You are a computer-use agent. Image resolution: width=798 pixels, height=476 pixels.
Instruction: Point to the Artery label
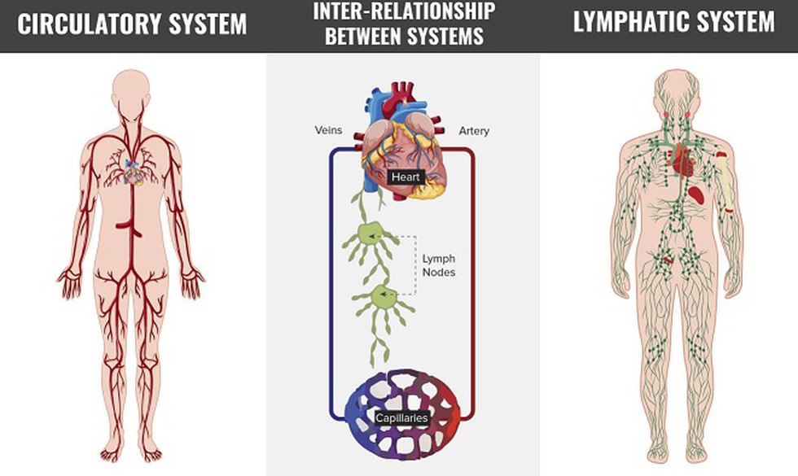point(474,130)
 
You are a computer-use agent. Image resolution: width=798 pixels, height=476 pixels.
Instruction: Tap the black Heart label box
point(405,176)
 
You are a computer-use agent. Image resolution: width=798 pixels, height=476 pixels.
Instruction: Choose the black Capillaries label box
point(401,418)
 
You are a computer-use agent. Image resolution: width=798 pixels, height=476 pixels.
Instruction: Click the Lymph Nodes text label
point(438,265)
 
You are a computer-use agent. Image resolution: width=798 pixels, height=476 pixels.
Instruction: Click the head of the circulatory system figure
point(130,88)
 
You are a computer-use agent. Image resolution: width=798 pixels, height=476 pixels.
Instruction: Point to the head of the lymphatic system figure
point(676,88)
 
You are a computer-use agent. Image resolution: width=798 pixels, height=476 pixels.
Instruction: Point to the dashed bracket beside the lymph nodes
point(415,264)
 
